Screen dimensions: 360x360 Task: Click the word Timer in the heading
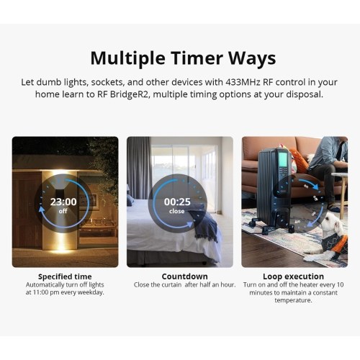pyautogui.click(x=197, y=58)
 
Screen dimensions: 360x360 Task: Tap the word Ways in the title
pyautogui.click(x=252, y=59)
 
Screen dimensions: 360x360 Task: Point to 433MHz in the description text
pyautogui.click(x=243, y=82)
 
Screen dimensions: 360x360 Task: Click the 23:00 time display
pyautogui.click(x=63, y=202)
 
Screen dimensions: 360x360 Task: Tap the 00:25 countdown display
pyautogui.click(x=177, y=202)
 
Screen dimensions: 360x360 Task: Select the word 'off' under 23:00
pyautogui.click(x=63, y=211)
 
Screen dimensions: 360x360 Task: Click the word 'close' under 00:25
pyautogui.click(x=177, y=211)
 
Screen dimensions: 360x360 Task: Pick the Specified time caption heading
pyautogui.click(x=65, y=276)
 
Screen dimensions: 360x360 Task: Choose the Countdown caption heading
pyautogui.click(x=184, y=276)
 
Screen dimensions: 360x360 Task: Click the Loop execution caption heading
pyautogui.click(x=293, y=276)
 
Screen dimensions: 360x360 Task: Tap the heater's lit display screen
pyautogui.click(x=282, y=158)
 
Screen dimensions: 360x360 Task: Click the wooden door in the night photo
pyautogui.click(x=27, y=210)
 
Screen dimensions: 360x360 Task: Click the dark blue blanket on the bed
pyautogui.click(x=204, y=223)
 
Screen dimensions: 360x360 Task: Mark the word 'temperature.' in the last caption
pyautogui.click(x=293, y=300)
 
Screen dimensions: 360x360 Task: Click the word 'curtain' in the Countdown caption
pyautogui.click(x=171, y=285)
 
